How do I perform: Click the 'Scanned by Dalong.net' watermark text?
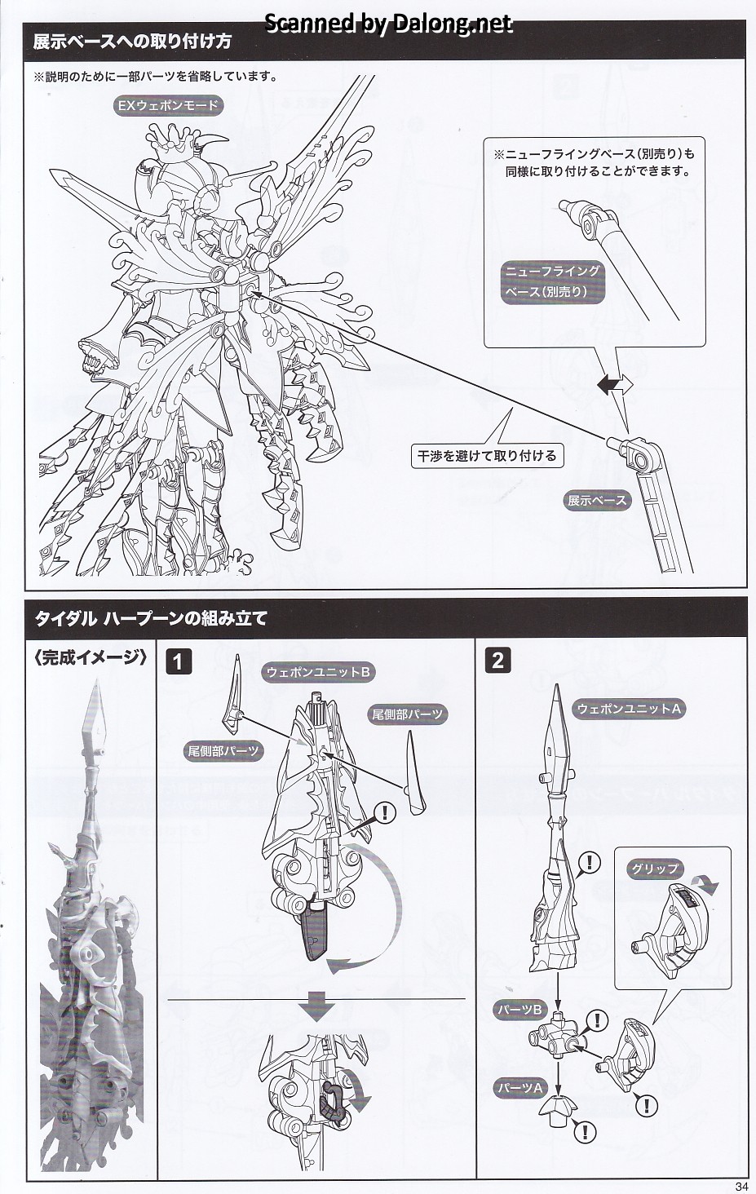point(388,24)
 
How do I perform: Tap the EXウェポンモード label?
point(166,104)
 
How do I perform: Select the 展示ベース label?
point(597,500)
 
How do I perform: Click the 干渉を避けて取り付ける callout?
point(486,455)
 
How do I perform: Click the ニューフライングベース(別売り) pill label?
point(552,281)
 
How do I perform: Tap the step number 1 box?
point(179,661)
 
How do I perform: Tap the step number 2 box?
point(497,660)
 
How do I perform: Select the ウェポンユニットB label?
point(319,672)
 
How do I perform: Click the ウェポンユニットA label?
point(629,709)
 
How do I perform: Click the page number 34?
point(741,1186)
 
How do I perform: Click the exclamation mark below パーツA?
point(584,1131)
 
